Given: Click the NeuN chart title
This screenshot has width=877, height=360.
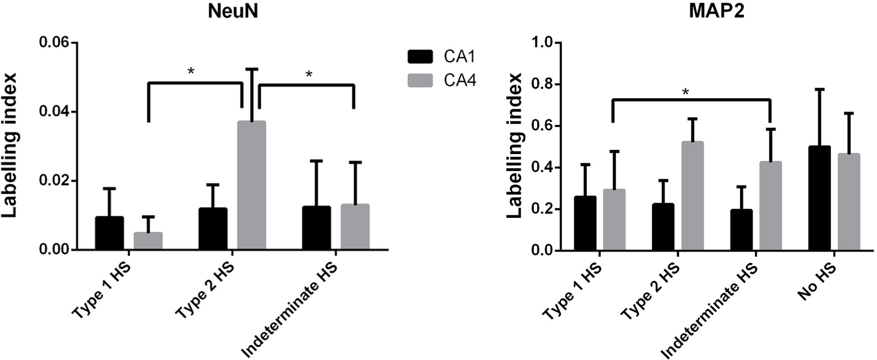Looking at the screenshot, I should click(x=233, y=11).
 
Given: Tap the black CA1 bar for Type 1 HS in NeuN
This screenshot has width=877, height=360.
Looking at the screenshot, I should click(x=109, y=233).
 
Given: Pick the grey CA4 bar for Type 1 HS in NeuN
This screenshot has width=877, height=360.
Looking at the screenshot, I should click(x=148, y=241).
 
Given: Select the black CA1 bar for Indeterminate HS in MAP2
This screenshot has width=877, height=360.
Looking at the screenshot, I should click(x=742, y=230).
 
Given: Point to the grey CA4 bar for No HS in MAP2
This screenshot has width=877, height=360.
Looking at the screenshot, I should click(x=849, y=202).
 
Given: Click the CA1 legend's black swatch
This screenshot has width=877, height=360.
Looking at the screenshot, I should click(x=420, y=56).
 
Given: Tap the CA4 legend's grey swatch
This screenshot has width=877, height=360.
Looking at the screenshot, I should click(x=420, y=80).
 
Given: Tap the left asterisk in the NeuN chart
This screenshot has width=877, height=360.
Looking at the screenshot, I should click(x=191, y=72).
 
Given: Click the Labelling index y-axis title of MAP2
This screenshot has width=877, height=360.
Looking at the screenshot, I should click(x=515, y=146).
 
